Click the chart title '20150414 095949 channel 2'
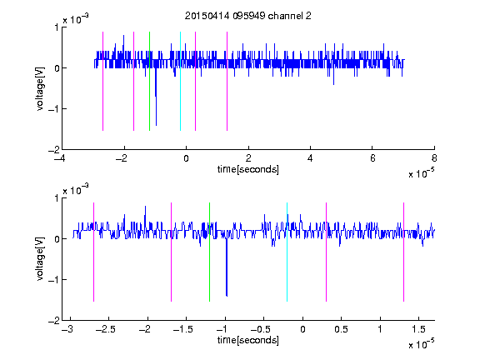(x=248, y=16)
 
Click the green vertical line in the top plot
(x=149, y=81)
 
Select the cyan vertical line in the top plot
(x=180, y=81)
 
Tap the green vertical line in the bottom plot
(x=209, y=252)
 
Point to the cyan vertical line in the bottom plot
(x=287, y=252)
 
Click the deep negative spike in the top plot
(x=156, y=97)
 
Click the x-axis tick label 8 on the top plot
(x=434, y=158)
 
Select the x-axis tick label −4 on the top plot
(x=60, y=158)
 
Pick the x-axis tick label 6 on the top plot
(x=372, y=158)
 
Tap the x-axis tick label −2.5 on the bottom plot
(x=105, y=329)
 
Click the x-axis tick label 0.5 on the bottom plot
(x=341, y=329)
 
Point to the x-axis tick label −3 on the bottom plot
(x=67, y=329)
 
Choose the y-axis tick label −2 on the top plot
(x=53, y=150)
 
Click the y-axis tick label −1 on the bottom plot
(x=53, y=279)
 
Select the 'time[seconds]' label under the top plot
(x=248, y=169)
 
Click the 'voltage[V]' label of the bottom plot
(x=40, y=258)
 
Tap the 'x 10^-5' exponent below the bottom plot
(x=421, y=343)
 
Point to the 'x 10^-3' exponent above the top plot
(x=76, y=18)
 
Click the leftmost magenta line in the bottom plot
(x=93, y=252)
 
